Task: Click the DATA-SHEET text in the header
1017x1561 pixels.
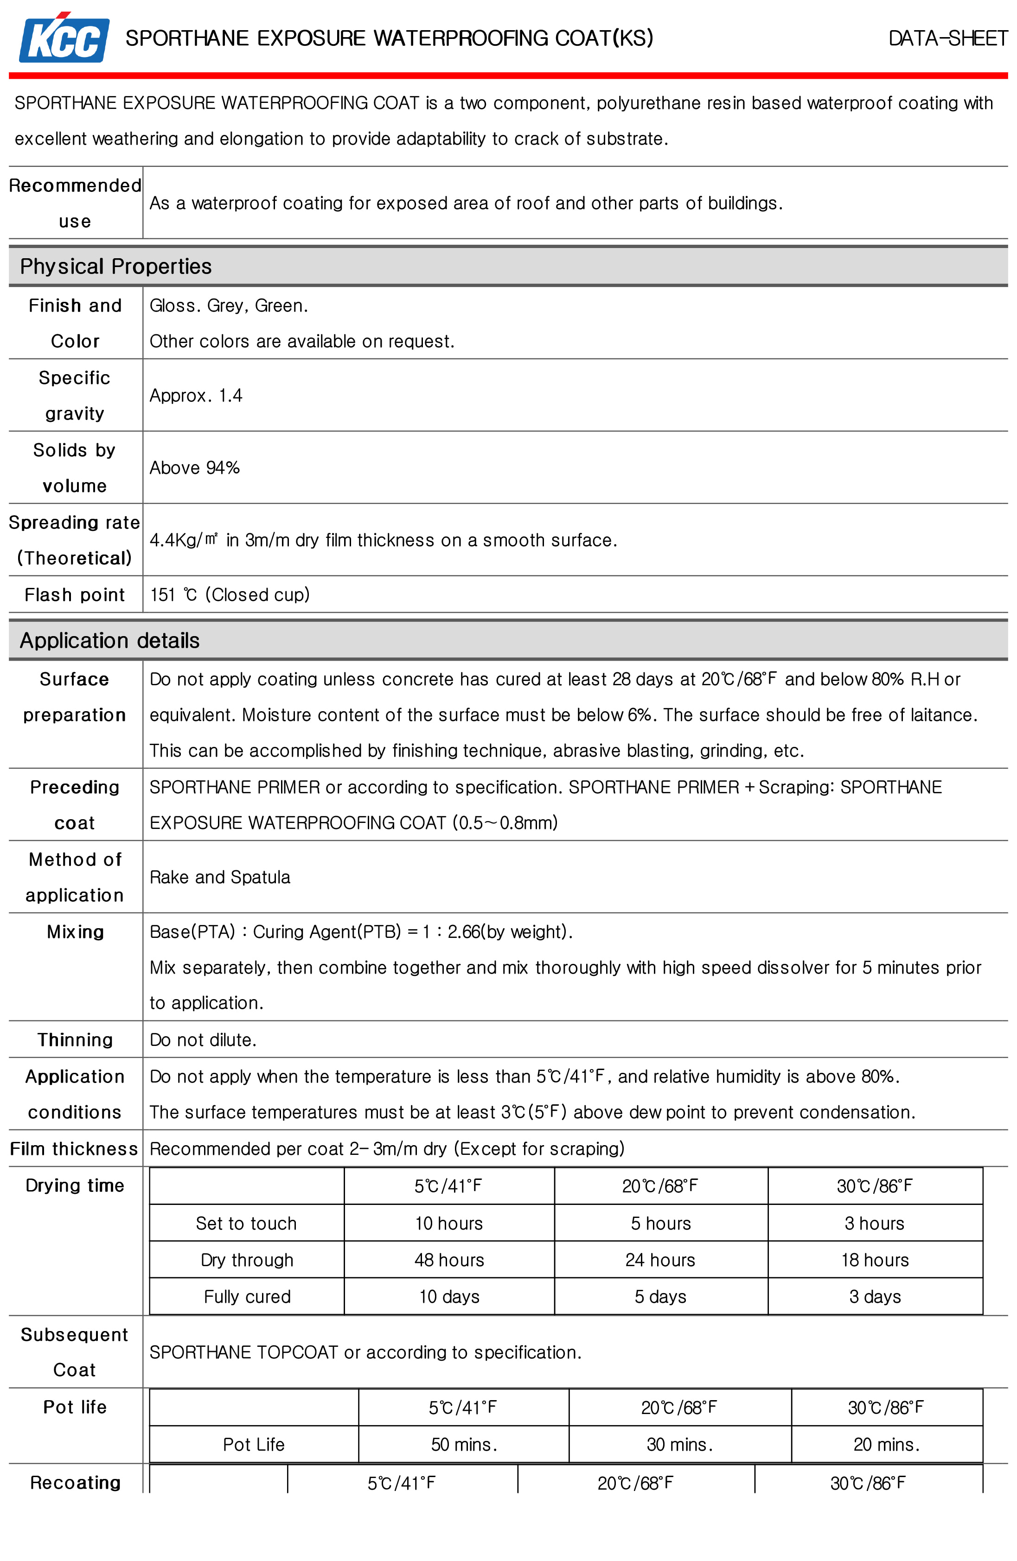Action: [947, 38]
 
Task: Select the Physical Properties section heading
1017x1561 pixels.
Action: [115, 266]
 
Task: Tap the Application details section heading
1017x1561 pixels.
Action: [109, 640]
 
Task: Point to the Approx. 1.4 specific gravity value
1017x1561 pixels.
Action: [196, 395]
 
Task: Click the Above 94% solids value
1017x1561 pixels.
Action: [194, 468]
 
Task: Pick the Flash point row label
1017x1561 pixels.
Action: [74, 595]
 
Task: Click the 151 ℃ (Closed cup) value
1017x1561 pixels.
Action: [230, 595]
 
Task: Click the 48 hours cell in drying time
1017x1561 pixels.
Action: [449, 1260]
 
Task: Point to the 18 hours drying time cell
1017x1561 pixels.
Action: [875, 1260]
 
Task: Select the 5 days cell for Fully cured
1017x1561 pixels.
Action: [660, 1297]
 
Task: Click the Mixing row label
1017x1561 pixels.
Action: [75, 932]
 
